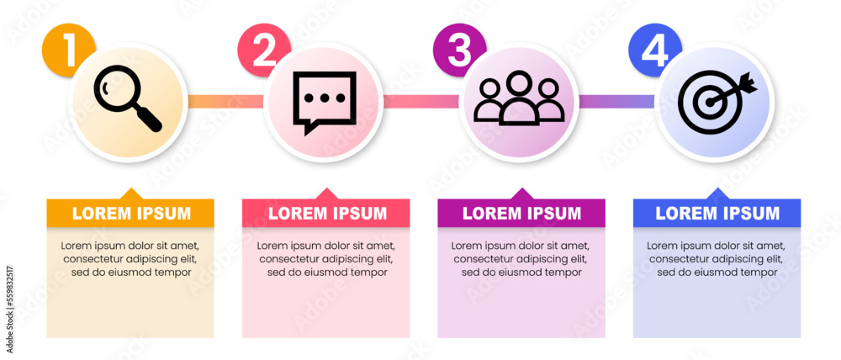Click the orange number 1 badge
coord(67,50)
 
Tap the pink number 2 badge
coord(263,50)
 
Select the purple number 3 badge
coord(458,50)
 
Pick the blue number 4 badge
coord(654,50)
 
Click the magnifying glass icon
coord(127,99)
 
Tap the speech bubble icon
coord(324,102)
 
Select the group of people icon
coord(519,99)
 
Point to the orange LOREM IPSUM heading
coord(130,214)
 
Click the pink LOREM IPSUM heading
coord(326,214)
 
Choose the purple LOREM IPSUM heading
coord(521,214)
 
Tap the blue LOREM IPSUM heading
coord(717,214)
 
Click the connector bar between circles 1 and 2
coord(224,102)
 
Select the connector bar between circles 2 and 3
coord(420,102)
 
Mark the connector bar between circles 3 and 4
coord(616,102)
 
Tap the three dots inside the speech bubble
coord(324,98)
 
